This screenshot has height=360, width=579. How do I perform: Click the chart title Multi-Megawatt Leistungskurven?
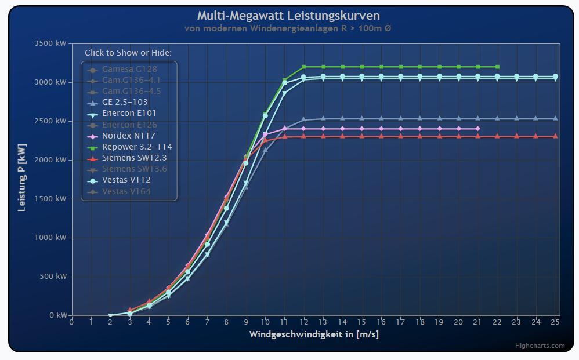coord(288,16)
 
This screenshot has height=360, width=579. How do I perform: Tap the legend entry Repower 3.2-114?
coord(136,147)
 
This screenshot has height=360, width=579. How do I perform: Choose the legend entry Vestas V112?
coord(126,180)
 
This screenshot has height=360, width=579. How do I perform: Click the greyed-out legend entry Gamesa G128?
coord(121,69)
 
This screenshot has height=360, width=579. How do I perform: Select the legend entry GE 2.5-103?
coord(125,102)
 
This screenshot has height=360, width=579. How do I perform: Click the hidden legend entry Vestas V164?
coord(126,191)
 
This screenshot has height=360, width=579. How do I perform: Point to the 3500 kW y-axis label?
coord(51,43)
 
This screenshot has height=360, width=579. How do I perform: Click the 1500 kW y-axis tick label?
coord(51,199)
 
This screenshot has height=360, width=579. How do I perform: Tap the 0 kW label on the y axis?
coord(58,315)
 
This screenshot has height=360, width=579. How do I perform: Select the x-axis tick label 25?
coord(555,322)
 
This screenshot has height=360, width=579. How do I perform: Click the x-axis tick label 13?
coord(323,322)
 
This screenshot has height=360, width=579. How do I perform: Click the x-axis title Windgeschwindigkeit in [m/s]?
coord(314,334)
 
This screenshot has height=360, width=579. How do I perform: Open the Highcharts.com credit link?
coord(540,346)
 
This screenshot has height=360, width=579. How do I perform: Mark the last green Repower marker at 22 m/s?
coord(497,67)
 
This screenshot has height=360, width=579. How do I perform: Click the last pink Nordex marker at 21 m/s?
coord(478,129)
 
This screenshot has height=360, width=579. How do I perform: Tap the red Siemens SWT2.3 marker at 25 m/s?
coord(555,137)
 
